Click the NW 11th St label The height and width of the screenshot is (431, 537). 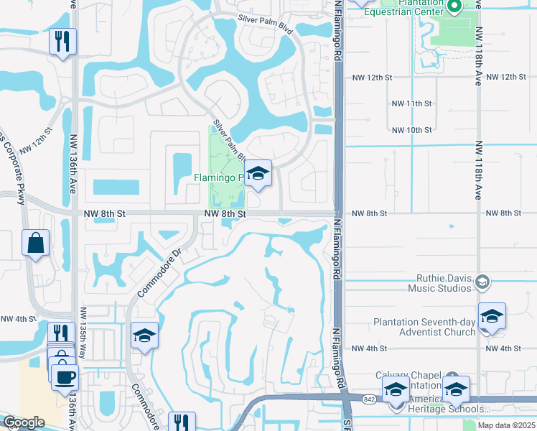coord(412,103)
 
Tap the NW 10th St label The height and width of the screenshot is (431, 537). coord(412,130)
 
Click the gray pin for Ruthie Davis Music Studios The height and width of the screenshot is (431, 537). coord(482,282)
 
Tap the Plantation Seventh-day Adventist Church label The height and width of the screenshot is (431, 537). coord(424,327)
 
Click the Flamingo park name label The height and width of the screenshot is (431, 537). coord(218,177)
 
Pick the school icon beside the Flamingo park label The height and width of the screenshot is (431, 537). coord(258,173)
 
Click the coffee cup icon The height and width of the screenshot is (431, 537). coord(65,376)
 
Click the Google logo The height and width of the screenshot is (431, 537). coord(24,423)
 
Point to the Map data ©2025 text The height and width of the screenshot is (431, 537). coord(505,425)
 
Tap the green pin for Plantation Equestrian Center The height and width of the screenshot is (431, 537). coord(454,8)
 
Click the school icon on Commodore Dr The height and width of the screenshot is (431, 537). coord(144,336)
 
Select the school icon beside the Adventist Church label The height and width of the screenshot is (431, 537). coord(492,316)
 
